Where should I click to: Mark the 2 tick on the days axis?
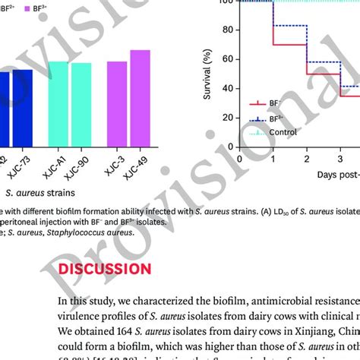306,160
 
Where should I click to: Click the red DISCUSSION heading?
106,270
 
